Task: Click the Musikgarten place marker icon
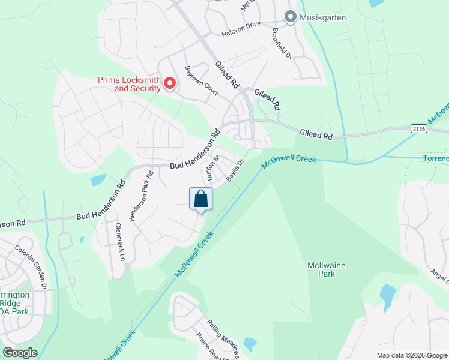point(291,17)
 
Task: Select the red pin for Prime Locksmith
point(170,84)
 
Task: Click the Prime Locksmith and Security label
point(129,84)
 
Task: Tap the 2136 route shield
point(419,128)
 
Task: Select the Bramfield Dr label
point(282,43)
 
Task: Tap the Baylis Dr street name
point(235,170)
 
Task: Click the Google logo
point(20,353)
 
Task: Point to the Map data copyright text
point(412,355)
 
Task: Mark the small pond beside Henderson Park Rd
point(97,179)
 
